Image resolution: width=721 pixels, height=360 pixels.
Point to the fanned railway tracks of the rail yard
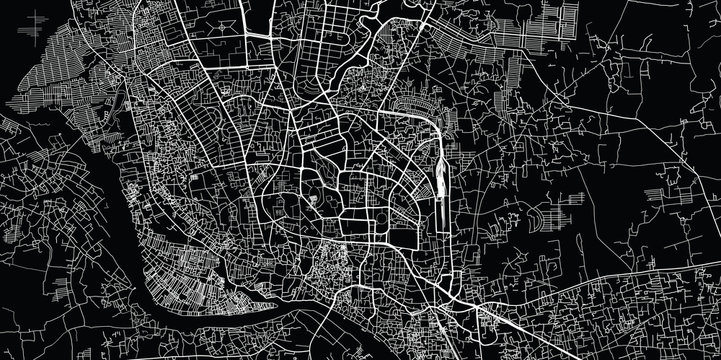(x=440, y=190)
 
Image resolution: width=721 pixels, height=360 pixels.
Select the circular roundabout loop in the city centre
(x=317, y=171)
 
